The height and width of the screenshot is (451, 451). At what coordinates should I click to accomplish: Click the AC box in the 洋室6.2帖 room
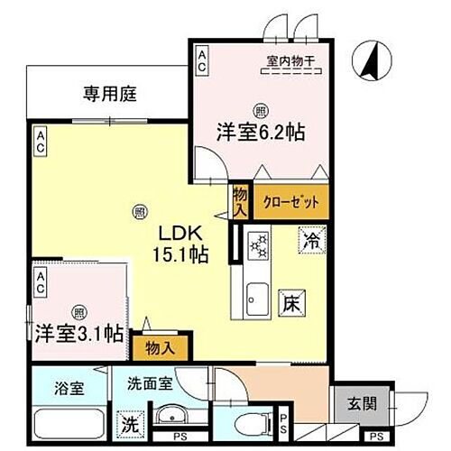201,61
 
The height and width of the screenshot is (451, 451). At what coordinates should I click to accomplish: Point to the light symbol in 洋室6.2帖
260,112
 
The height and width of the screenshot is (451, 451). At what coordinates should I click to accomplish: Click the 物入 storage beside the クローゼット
240,200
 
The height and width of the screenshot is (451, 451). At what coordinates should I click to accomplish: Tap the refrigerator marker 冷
311,241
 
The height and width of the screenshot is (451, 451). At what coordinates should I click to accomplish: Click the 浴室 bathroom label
55,389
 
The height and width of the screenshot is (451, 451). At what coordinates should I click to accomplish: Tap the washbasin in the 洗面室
171,418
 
